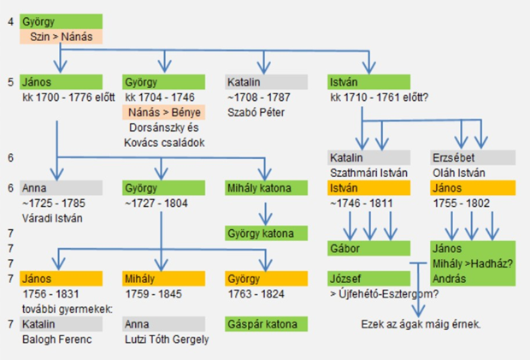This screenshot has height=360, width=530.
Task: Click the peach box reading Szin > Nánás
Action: tap(62, 37)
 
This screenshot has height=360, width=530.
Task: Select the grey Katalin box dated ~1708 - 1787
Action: tap(267, 82)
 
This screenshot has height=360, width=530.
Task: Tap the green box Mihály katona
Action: tap(267, 188)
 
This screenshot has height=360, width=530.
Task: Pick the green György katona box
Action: tap(267, 233)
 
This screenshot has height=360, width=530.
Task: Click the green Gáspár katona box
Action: tap(267, 324)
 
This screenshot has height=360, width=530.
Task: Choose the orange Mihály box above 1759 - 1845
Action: tap(163, 279)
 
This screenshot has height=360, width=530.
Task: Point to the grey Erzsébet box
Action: tap(473, 158)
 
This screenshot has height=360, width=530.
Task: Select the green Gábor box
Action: tap(368, 249)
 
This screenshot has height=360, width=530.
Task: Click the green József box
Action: tap(368, 279)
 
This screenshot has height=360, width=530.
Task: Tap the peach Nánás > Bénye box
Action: tap(163, 112)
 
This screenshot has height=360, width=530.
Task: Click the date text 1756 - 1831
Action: tap(50, 294)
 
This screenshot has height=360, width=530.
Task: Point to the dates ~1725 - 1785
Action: tap(54, 204)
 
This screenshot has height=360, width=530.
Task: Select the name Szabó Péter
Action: tap(256, 113)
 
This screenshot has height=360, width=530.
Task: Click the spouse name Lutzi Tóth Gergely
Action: tap(167, 339)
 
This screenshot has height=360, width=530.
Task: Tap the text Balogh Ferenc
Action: tap(56, 339)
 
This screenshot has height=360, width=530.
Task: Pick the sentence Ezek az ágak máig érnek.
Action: tap(421, 324)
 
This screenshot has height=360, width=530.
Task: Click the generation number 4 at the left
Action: tap(11, 21)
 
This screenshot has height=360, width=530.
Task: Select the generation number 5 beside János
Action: tap(11, 82)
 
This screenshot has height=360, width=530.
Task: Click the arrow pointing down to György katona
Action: tap(265, 214)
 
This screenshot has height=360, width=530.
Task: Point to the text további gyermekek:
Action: tap(68, 310)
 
